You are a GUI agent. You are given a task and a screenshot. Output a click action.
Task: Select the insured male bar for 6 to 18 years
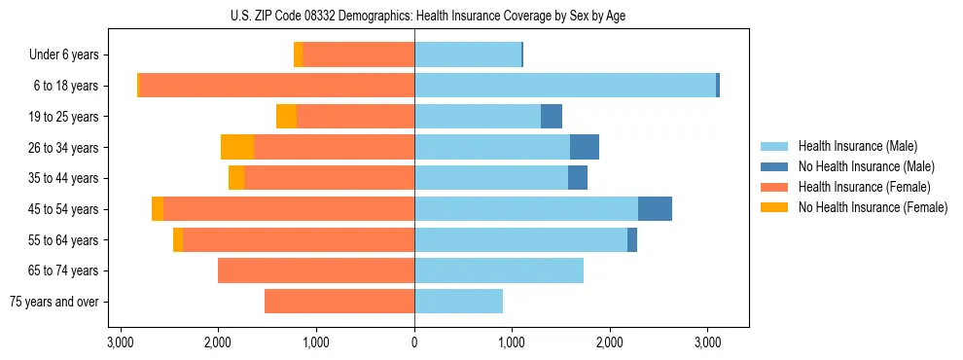pos(565,86)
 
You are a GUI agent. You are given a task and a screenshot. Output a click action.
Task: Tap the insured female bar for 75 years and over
pos(339,302)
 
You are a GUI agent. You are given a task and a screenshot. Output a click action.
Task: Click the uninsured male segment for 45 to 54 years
pos(655,209)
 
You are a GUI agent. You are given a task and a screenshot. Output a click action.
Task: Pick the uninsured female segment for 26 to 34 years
pos(237,147)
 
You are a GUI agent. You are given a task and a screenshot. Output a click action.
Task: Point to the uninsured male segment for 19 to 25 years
pos(552,117)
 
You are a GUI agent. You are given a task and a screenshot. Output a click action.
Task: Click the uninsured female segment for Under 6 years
pos(298,54)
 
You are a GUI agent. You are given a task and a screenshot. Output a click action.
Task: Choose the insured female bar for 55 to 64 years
pos(299,239)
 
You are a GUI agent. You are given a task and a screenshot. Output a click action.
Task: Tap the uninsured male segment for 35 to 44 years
pos(578,178)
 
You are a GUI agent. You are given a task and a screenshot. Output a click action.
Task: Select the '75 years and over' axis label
pos(53,302)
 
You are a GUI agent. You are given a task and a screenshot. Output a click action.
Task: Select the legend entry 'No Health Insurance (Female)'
pos(873,207)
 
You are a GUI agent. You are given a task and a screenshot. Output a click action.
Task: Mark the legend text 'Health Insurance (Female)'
pos(865,187)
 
